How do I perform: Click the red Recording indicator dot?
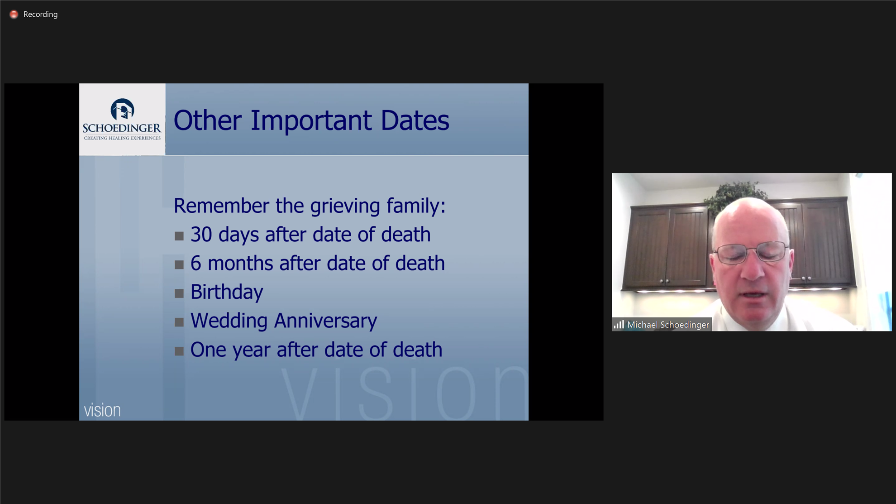(14, 14)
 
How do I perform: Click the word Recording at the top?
(40, 14)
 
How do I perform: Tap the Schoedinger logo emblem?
(122, 110)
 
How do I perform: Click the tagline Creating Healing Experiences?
(122, 138)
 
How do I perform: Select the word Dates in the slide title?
(415, 120)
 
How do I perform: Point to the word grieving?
(345, 206)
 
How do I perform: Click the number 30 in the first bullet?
(201, 235)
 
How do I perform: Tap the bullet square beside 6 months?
(179, 265)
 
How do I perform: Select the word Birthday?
(227, 292)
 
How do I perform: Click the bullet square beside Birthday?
(179, 293)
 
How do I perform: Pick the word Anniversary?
(325, 321)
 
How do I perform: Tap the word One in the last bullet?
(208, 350)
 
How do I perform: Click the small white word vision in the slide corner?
(102, 410)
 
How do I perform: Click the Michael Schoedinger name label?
(668, 325)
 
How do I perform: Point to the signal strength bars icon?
(619, 325)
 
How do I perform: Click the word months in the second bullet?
(240, 263)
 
